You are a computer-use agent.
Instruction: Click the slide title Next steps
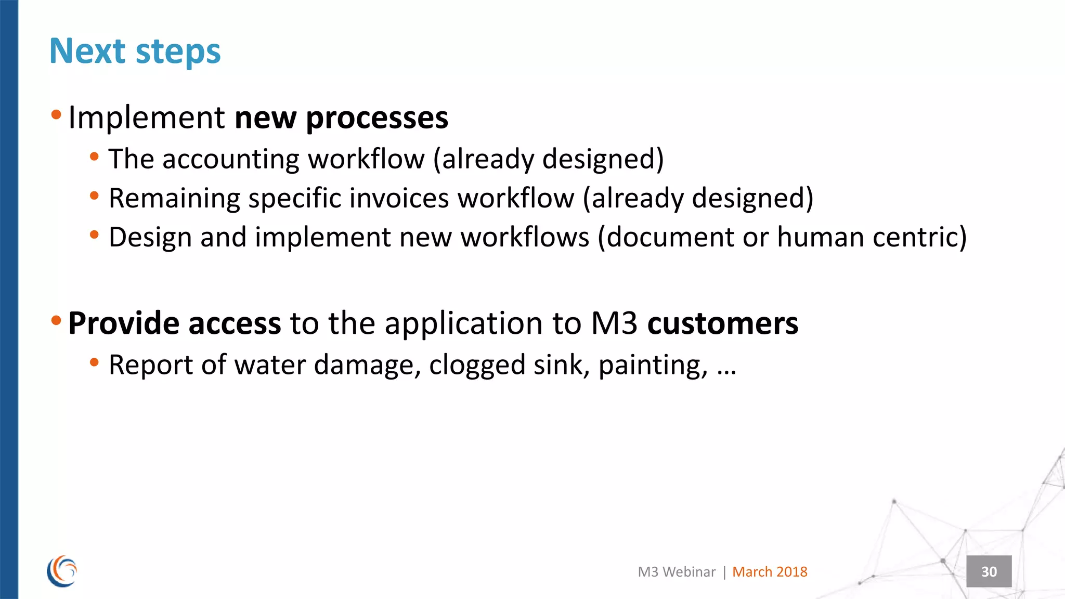coord(135,51)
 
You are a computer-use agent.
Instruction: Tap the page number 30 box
coord(989,571)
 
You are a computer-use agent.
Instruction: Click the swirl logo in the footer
coord(62,571)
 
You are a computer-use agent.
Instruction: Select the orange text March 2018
coord(770,572)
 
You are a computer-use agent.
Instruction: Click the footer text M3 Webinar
coord(677,572)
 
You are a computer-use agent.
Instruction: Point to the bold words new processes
coord(341,118)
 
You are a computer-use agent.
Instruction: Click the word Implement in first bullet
coord(146,118)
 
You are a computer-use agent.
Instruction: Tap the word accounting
coord(231,160)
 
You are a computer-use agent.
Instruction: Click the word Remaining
coord(174,199)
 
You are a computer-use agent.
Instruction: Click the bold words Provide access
coord(174,323)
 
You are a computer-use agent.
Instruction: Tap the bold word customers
coord(722,323)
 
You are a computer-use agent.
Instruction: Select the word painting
coord(653,365)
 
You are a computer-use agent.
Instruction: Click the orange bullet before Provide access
coord(56,319)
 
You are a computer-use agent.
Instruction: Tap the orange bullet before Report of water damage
coord(94,362)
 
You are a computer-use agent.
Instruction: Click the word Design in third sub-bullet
coord(150,238)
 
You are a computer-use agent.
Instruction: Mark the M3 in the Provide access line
coord(614,323)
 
